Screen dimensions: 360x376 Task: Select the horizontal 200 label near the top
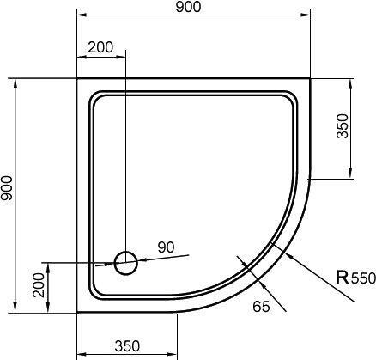100,47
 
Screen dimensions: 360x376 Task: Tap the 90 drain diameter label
166,247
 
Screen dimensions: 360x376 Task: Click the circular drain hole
126,261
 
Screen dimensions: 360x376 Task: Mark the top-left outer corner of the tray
77,80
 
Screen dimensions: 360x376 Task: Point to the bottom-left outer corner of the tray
77,311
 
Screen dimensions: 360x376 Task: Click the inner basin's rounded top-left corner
96,98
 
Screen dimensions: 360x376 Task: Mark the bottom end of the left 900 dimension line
17,311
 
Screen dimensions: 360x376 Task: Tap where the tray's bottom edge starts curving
177,311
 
